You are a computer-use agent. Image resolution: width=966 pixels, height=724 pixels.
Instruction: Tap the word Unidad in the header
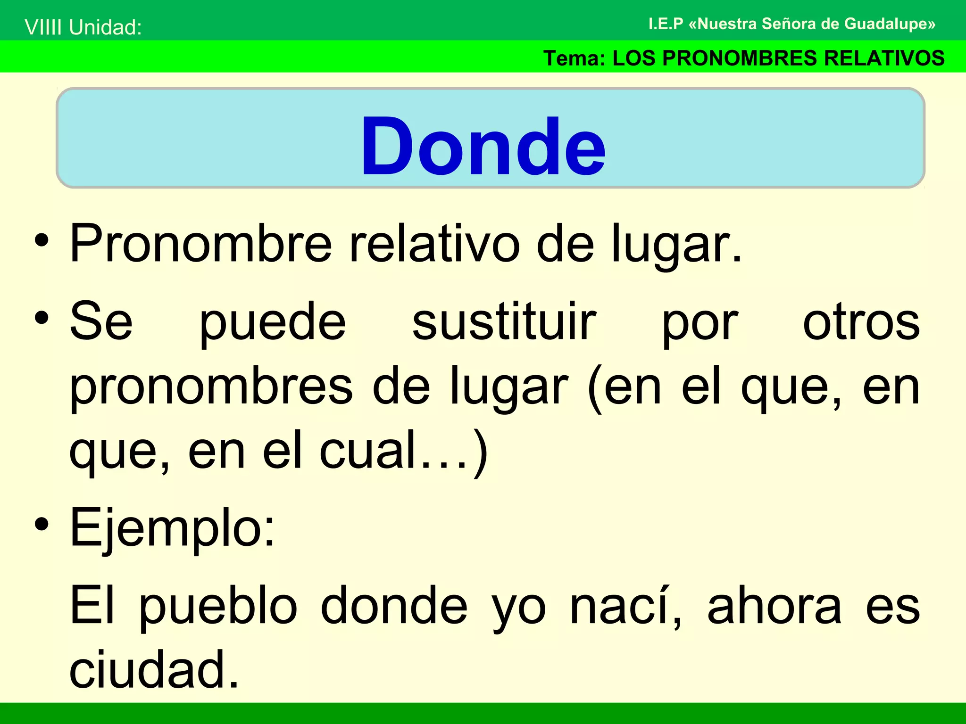(x=105, y=27)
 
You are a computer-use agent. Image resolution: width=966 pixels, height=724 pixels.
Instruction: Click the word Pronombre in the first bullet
(x=200, y=244)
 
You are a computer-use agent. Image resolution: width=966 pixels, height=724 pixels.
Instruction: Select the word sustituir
(x=504, y=322)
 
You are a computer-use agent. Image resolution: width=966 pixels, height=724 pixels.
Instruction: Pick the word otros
(x=861, y=322)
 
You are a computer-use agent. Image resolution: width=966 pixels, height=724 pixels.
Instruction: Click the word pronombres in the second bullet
(x=211, y=387)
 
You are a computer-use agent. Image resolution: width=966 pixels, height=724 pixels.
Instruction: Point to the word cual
(x=368, y=451)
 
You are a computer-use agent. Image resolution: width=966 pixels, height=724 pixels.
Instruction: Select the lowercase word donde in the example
(x=394, y=606)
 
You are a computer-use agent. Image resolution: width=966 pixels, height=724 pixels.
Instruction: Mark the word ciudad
(x=154, y=669)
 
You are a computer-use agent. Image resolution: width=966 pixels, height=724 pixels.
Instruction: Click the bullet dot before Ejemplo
(x=42, y=524)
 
